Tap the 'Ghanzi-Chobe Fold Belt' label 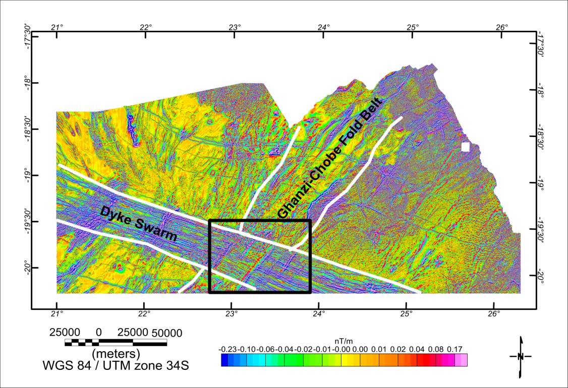331,158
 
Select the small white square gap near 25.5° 466,147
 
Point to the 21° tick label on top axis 56,27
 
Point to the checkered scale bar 116,343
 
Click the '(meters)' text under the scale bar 116,353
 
